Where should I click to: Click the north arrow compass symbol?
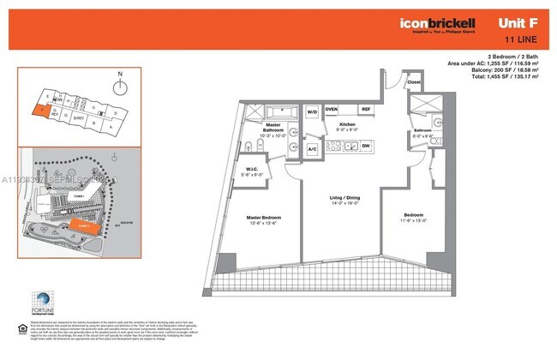tap(121, 87)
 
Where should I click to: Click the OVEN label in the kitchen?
tap(332, 110)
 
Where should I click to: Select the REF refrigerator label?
tap(365, 110)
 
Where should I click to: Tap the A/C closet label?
tap(313, 148)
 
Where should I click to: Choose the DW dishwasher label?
tap(365, 147)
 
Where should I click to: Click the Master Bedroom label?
tap(264, 219)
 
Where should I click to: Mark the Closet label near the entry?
tap(414, 84)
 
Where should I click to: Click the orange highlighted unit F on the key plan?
tap(36, 110)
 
